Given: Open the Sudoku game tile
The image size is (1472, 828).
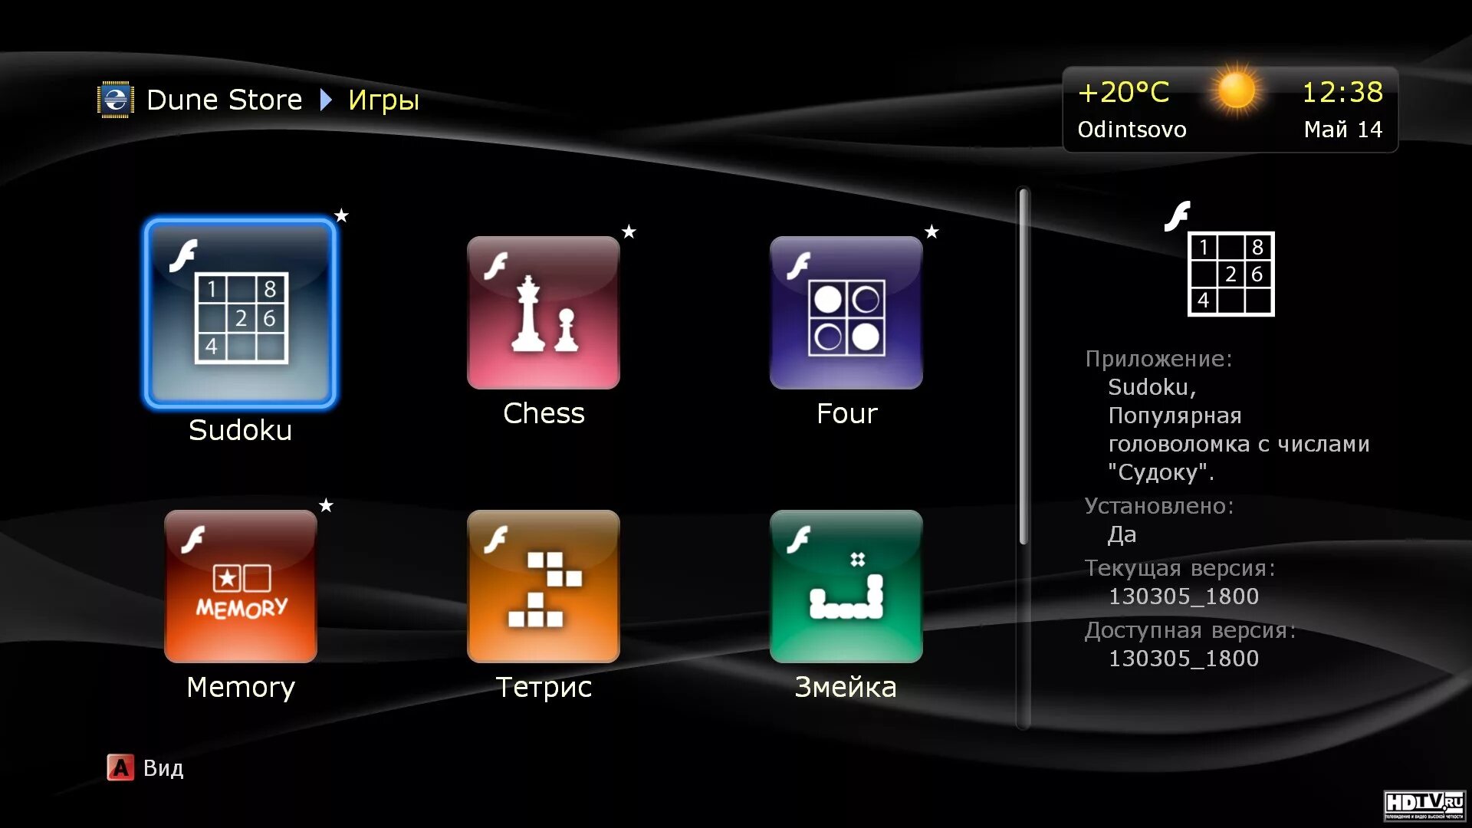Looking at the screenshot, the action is coord(240,313).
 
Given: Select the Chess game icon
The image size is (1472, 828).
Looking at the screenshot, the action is coord(543,313).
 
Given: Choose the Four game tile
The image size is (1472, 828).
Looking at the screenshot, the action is coord(846,313).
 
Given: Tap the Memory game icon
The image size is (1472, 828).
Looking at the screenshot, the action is coord(240,586).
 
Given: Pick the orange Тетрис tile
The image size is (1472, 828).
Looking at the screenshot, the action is coord(543,586).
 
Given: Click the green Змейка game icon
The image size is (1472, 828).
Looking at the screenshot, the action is coord(846,586).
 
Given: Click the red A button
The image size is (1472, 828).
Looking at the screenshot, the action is coord(120,767).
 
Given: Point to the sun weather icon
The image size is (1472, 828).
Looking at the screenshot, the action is coord(1236,91).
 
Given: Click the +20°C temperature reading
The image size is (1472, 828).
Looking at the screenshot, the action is coord(1123,93).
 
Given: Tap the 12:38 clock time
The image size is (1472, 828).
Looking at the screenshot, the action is coord(1342,93).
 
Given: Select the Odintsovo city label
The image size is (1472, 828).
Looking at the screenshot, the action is coord(1132,130).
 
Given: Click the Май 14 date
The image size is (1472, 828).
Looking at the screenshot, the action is coord(1343,130).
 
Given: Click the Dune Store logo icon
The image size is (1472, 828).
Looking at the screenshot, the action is coord(116,100).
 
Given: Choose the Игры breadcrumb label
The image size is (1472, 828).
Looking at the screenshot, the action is coord(383,100).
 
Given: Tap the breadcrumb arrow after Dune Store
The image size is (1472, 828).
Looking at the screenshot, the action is coord(326,100).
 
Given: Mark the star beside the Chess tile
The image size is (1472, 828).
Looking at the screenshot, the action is coord(629,232).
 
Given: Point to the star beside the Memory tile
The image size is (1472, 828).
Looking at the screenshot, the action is coord(326,505).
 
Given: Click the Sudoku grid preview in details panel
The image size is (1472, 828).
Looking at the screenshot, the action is coord(1230,274).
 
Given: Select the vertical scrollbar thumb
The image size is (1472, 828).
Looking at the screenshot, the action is coord(1024,368).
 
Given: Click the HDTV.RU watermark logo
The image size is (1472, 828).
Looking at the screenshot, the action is coord(1424,805).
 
